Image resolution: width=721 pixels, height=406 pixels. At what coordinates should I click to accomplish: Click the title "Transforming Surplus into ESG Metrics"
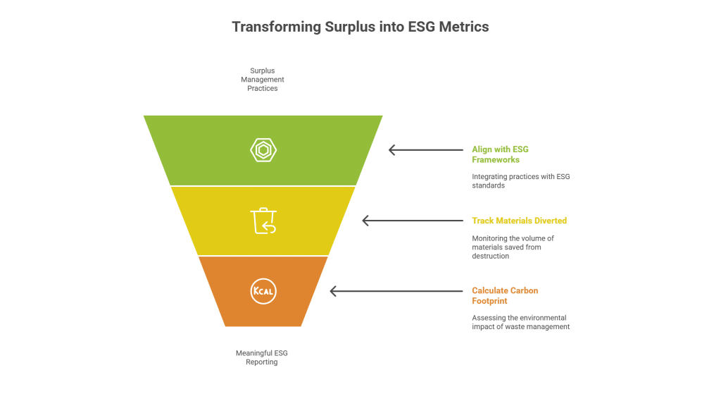[360, 27]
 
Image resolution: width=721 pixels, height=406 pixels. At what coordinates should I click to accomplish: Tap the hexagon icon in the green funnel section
[263, 149]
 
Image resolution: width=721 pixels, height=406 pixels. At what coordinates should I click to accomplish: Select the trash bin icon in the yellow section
[263, 220]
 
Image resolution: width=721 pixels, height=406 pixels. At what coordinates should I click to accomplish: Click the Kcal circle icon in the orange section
[263, 291]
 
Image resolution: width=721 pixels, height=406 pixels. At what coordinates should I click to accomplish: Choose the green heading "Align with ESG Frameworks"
[501, 154]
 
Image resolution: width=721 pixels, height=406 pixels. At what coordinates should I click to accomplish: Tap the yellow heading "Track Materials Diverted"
[519, 221]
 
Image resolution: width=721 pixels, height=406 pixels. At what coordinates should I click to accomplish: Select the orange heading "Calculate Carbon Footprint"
[506, 296]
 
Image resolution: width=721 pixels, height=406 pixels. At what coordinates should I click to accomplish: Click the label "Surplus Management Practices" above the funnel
[262, 80]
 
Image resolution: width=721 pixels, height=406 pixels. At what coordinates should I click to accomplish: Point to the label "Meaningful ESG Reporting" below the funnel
[262, 357]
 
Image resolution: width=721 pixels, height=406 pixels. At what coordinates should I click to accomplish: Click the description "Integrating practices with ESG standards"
[520, 180]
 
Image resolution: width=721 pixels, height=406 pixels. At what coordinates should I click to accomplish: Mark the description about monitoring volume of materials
[513, 247]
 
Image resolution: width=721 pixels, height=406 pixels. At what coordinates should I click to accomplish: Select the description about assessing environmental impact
[520, 322]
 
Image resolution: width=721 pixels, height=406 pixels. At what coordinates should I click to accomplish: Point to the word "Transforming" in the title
[276, 27]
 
